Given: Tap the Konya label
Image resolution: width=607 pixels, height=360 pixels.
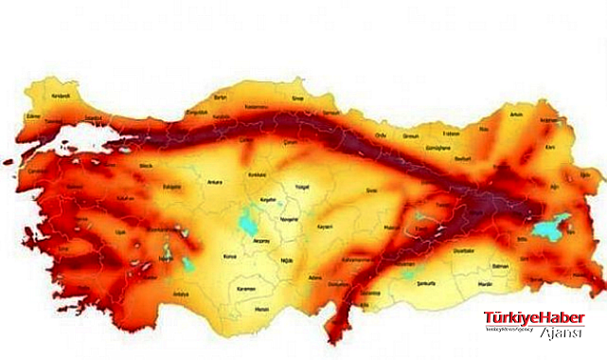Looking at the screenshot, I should pos(228,256).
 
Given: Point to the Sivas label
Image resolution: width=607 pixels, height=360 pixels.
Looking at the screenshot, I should pos(371,190).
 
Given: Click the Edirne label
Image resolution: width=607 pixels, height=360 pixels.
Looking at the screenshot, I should pos(36,116).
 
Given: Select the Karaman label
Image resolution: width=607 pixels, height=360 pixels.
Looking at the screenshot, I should pos(248,286).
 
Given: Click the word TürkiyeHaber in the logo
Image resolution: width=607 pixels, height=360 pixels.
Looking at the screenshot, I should pos(534,317).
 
